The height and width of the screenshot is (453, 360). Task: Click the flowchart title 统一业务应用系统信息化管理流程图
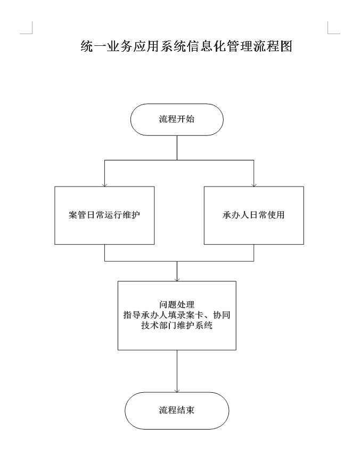coord(186,46)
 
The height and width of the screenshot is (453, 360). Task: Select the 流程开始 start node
coord(177,119)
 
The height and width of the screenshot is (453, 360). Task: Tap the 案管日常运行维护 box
coord(104,215)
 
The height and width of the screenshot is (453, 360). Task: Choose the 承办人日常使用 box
coord(254,215)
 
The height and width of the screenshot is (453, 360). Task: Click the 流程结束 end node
coord(177,410)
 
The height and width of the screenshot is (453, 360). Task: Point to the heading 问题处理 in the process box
coord(177,304)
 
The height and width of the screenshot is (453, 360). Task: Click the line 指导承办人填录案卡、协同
coord(177,315)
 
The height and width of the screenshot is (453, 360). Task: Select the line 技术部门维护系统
coord(177,325)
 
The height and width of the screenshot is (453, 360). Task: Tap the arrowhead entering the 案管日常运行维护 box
coord(104,185)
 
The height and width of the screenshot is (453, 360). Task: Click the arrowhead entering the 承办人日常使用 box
coord(254,185)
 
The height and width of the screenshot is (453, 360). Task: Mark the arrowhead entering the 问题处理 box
coord(177,280)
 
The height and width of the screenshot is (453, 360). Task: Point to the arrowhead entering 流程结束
coord(177,391)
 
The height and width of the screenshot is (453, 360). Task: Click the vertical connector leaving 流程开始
coord(177,148)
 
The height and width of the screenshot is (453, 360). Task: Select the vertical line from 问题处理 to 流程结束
coord(177,371)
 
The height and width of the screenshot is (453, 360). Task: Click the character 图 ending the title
coord(287,46)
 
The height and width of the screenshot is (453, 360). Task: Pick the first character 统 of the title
coord(87,46)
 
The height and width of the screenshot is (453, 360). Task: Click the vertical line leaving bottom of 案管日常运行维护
coord(104,253)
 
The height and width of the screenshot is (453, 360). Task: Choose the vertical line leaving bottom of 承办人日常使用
coord(254,253)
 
